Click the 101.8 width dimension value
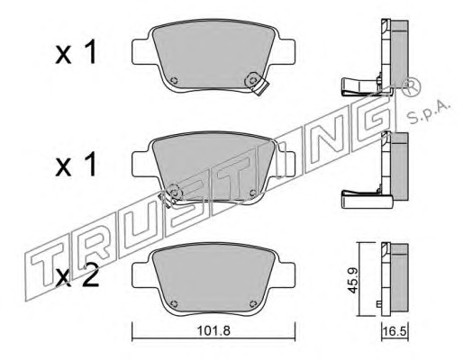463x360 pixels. [x=213, y=331]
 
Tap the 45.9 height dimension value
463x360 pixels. [x=353, y=280]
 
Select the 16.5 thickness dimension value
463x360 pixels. [x=395, y=332]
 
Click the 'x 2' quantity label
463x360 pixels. [x=77, y=277]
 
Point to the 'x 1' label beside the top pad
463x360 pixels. [x=76, y=52]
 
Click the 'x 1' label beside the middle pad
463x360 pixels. [x=76, y=164]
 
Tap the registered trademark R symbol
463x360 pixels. [x=411, y=86]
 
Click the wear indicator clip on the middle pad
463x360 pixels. [x=170, y=195]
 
